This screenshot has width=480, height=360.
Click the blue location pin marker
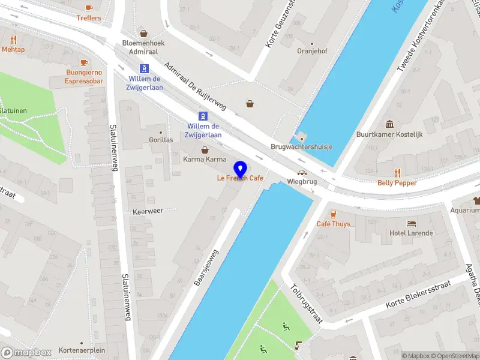[241, 169]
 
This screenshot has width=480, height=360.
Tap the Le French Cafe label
[240, 178]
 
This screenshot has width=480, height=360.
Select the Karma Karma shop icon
[205, 149]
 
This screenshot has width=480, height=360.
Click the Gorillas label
[161, 140]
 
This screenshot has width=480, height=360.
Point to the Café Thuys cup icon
[333, 214]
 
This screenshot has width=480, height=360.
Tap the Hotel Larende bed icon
[411, 223]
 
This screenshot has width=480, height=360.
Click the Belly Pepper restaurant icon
[397, 173]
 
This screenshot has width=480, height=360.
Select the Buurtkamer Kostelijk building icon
[389, 124]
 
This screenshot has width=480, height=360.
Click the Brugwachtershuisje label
[301, 147]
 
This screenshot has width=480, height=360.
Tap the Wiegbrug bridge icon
[302, 172]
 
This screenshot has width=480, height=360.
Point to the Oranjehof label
[311, 51]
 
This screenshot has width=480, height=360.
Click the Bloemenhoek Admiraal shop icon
[143, 34]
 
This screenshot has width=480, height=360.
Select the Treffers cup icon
[89, 8]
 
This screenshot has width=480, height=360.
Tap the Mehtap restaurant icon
[13, 40]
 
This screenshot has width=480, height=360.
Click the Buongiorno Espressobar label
[85, 77]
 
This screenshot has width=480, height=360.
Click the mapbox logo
[26, 352]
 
